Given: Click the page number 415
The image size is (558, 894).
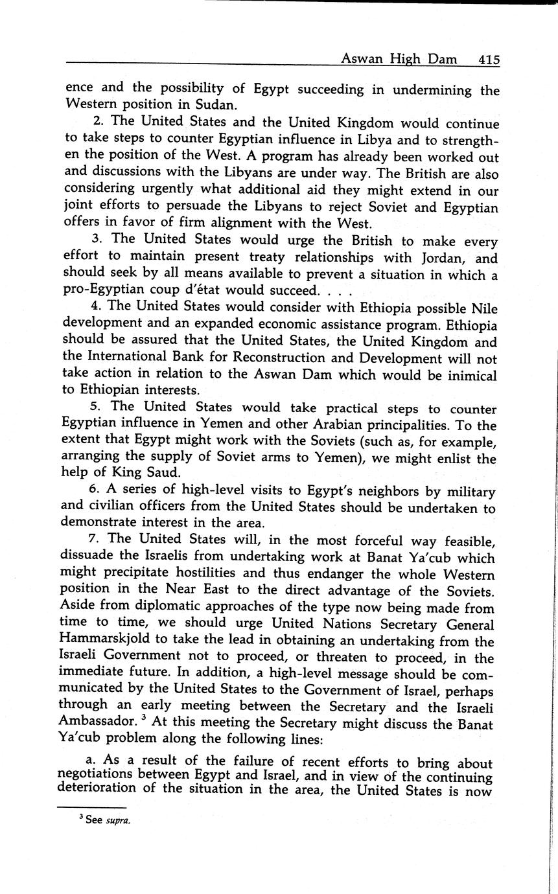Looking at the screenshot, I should click(x=489, y=60).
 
